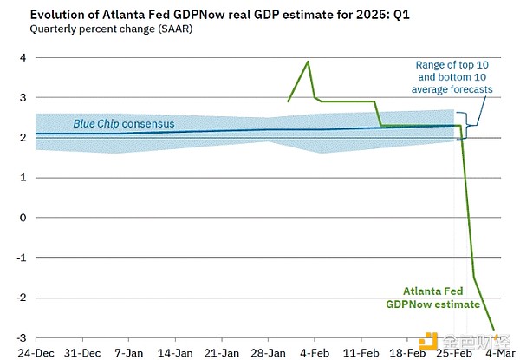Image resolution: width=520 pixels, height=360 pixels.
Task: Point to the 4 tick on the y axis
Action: pos(12,58)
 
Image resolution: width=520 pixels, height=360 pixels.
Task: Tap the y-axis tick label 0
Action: pos(12,218)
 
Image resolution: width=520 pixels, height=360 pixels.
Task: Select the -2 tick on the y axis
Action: pos(10,298)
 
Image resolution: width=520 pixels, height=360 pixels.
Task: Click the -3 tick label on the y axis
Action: pos(10,337)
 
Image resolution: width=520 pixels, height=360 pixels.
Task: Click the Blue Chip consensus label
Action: pos(123,124)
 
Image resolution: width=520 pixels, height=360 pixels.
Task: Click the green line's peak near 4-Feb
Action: pos(308,62)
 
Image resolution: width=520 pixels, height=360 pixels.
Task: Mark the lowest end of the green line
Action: pos(495,331)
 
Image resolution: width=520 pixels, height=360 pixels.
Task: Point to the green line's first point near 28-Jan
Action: pos(288,101)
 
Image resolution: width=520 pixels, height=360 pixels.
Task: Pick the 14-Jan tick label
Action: pos(177,354)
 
